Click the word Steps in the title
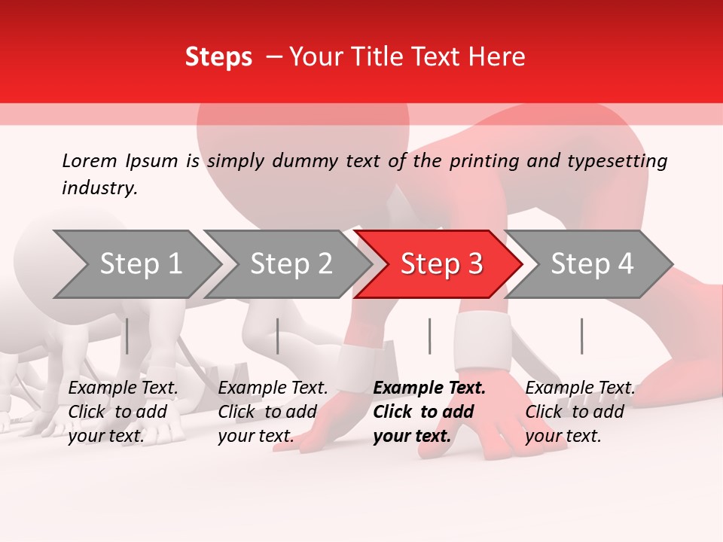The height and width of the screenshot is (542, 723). tap(218, 57)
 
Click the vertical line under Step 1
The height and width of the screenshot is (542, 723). tap(127, 336)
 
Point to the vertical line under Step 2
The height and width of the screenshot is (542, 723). tap(278, 336)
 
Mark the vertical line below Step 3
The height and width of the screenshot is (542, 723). tap(429, 336)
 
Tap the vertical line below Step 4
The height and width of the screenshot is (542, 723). tap(581, 336)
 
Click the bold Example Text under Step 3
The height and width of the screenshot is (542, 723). tap(429, 388)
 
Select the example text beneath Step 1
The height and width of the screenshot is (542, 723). tap(123, 412)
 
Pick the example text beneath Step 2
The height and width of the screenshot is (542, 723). tap(273, 412)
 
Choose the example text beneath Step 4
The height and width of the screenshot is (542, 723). tap(580, 412)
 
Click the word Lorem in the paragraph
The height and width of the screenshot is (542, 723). tap(90, 160)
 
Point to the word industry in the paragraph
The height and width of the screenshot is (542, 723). tap(99, 188)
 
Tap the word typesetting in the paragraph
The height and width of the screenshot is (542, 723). tap(624, 161)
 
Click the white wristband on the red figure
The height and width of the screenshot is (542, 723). tap(483, 340)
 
